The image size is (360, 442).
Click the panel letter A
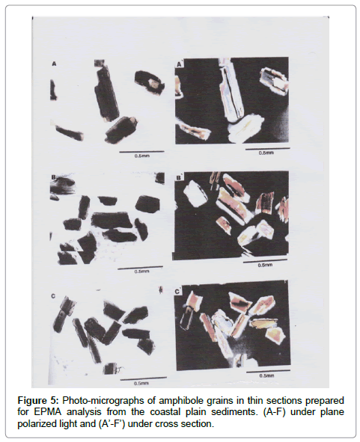(x=54, y=64)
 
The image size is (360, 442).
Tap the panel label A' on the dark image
(x=180, y=64)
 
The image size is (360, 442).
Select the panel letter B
(x=53, y=177)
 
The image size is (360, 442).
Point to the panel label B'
(x=179, y=178)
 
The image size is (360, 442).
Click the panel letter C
(x=53, y=296)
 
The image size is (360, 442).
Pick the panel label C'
(x=177, y=291)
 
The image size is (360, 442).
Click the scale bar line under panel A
(x=141, y=151)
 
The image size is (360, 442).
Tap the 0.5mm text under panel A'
(x=266, y=153)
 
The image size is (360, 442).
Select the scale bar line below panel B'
(x=265, y=261)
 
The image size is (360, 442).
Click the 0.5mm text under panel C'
(x=266, y=375)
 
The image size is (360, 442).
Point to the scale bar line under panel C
(x=144, y=378)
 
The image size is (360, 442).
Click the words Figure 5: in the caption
(x=38, y=401)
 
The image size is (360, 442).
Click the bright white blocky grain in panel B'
(x=195, y=193)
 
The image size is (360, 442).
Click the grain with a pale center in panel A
(x=149, y=82)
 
